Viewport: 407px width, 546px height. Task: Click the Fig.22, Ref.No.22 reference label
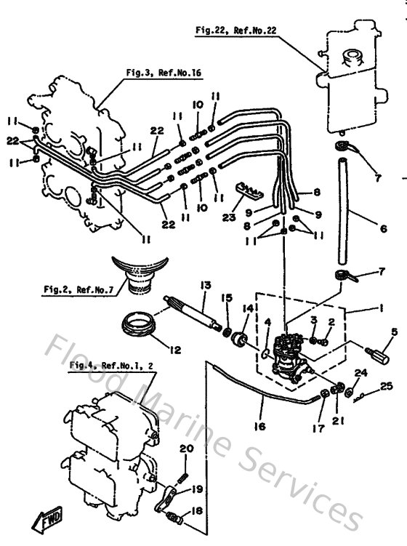click(x=237, y=31)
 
